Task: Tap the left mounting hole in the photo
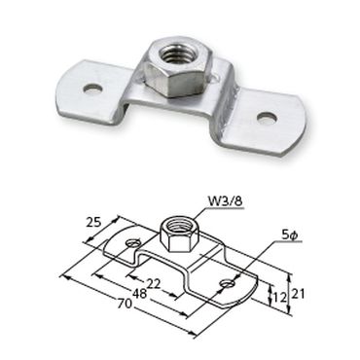coord(92,89)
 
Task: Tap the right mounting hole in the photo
coord(268,117)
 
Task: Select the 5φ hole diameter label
coord(289,236)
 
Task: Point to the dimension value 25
coord(93,222)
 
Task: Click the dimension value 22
coord(154,284)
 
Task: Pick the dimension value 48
coord(140,294)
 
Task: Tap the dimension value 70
coord(125,304)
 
